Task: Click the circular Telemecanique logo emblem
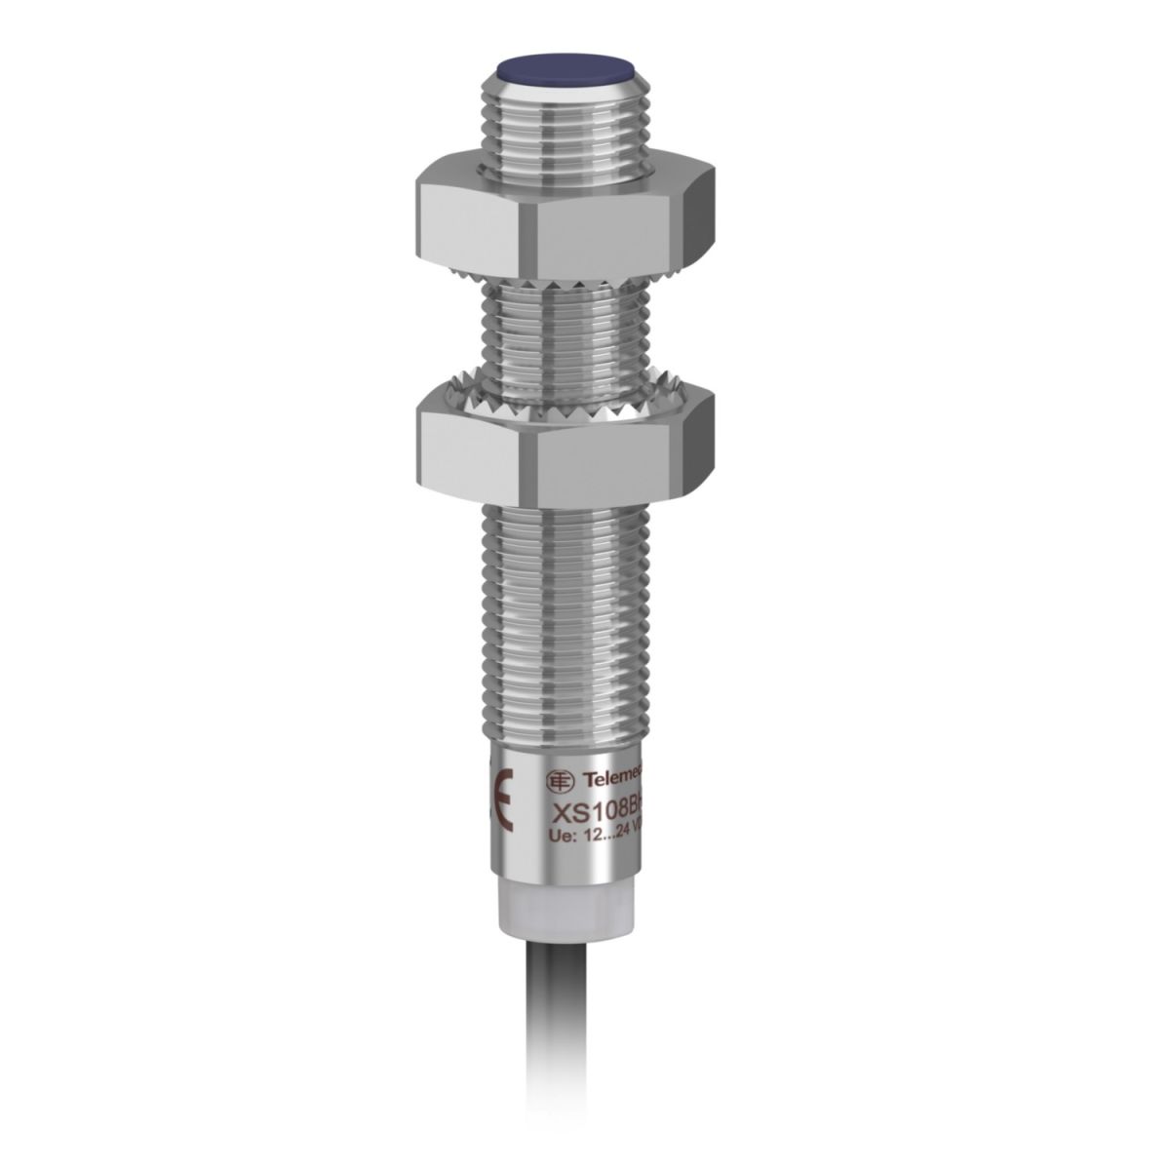(x=557, y=779)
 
